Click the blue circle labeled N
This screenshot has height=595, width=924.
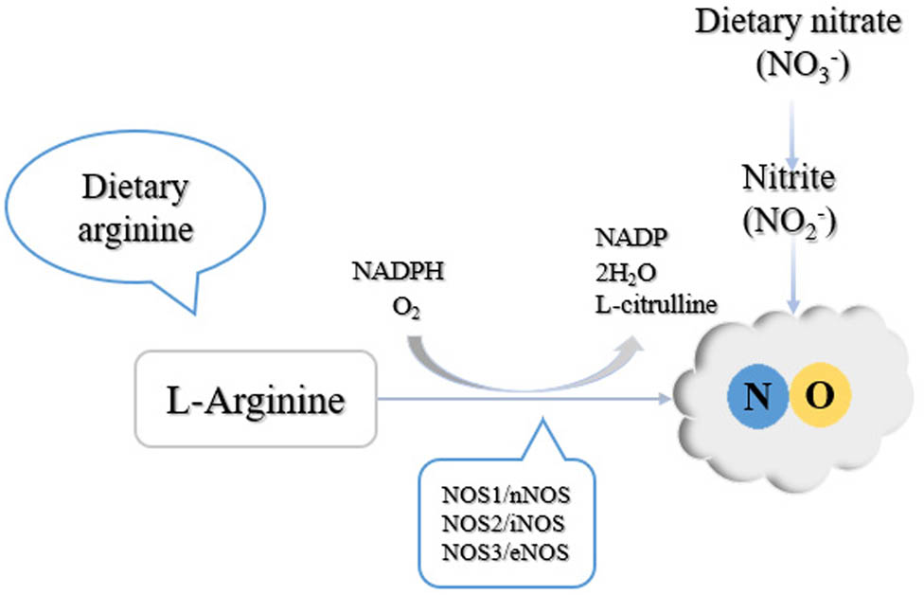pyautogui.click(x=756, y=395)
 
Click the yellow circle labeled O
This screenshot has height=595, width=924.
pyautogui.click(x=820, y=395)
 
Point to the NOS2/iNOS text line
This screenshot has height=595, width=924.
pyautogui.click(x=508, y=524)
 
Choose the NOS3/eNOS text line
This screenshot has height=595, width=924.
pyautogui.click(x=508, y=550)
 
